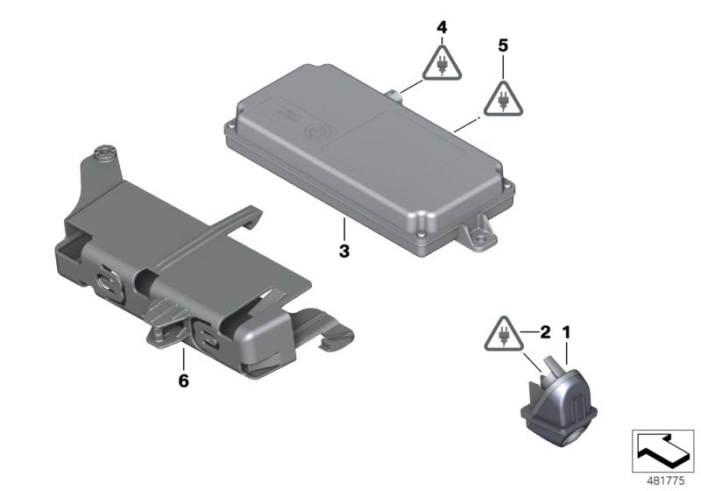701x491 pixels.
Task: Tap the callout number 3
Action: (x=344, y=252)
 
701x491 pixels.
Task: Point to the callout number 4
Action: (x=442, y=28)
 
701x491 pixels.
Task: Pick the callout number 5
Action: (x=502, y=45)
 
